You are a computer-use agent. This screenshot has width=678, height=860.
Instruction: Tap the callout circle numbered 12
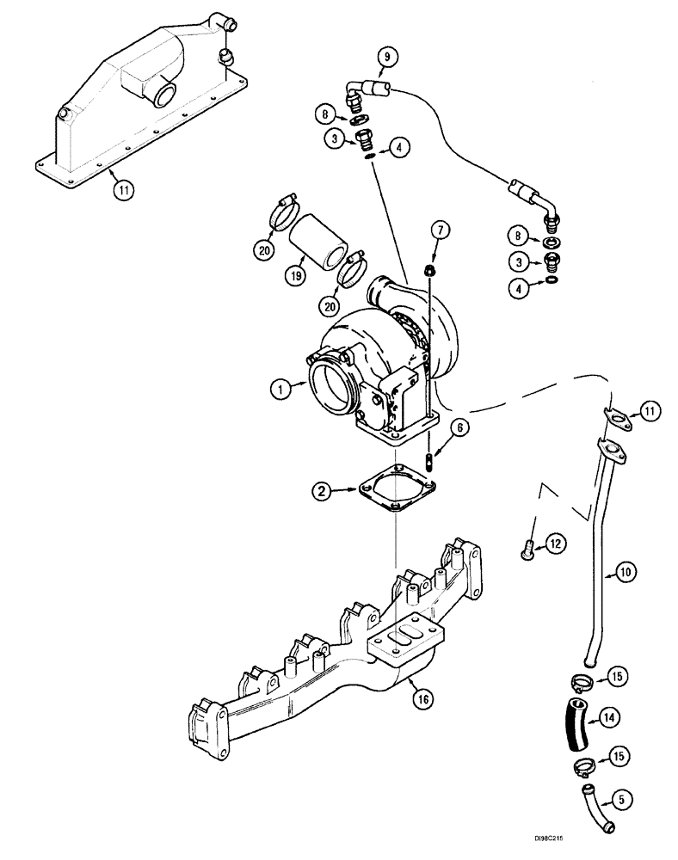click(x=555, y=543)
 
